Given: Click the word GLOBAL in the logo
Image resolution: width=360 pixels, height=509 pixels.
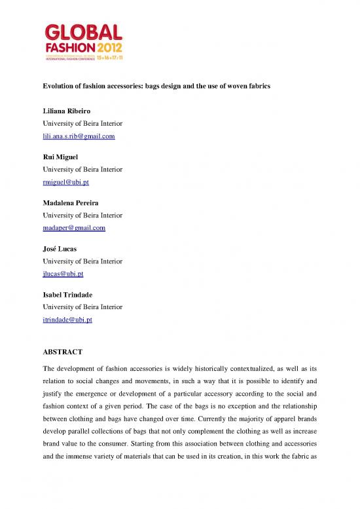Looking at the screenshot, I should [83, 32].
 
